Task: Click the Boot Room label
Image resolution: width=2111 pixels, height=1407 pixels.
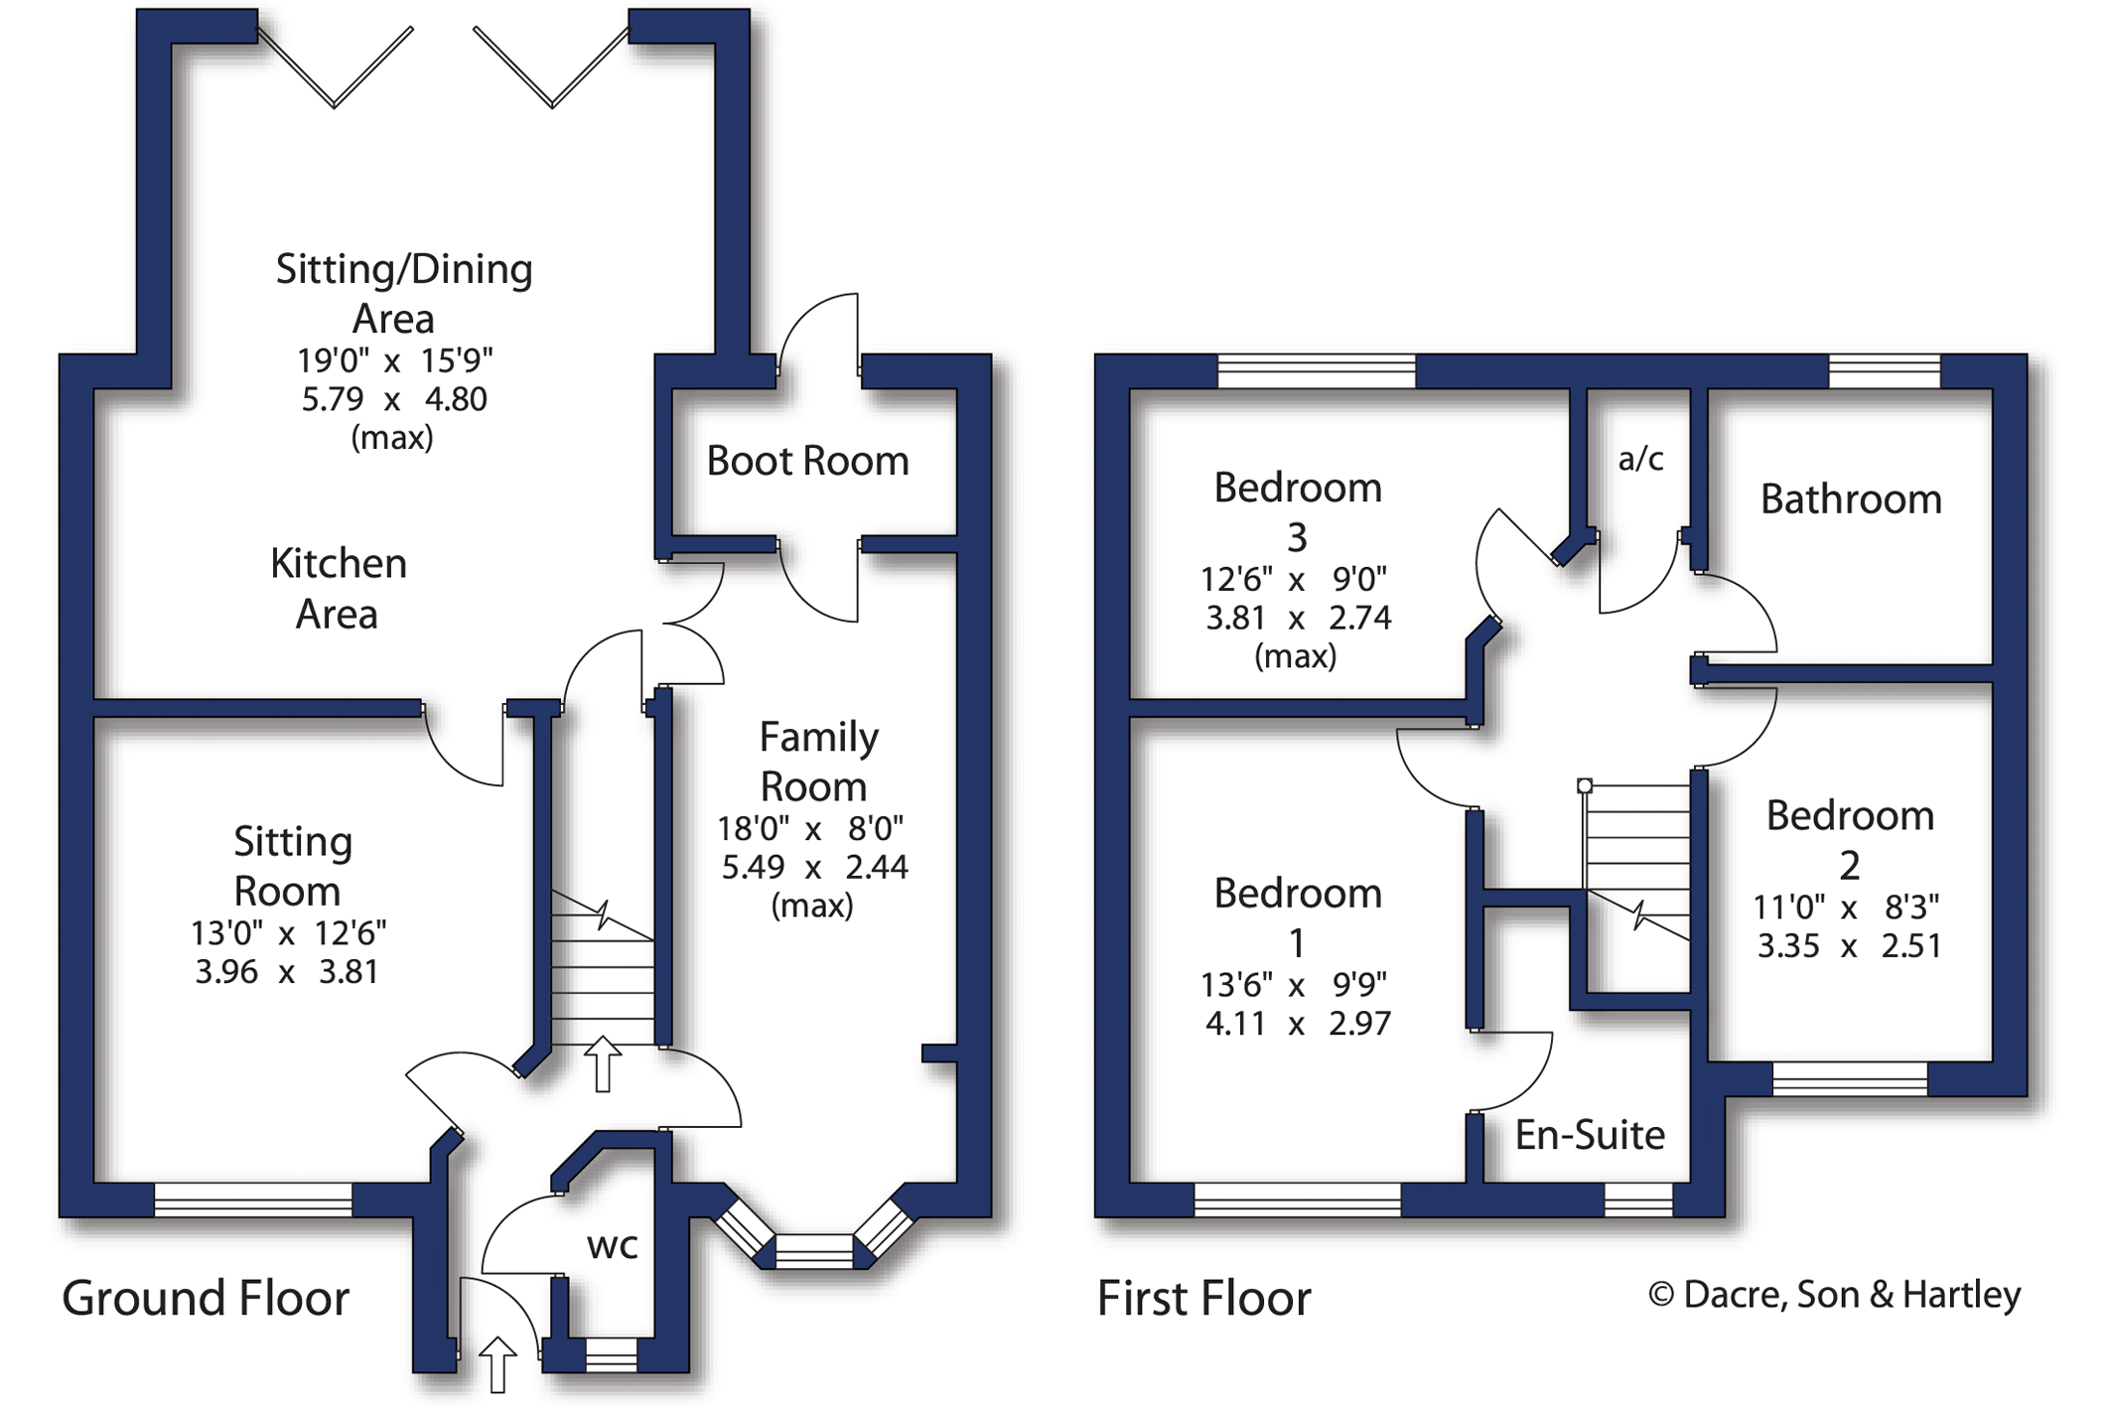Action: tap(807, 461)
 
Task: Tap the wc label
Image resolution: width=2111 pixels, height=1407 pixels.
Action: tap(612, 1246)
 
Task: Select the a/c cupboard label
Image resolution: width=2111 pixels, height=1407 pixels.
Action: tap(1640, 458)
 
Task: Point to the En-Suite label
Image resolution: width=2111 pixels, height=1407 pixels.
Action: tap(1590, 1134)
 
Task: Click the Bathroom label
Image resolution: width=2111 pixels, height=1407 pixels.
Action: tap(1851, 498)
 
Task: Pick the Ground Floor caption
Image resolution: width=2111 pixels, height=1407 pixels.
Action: tap(206, 1298)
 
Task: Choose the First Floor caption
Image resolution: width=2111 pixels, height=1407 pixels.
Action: tap(1203, 1298)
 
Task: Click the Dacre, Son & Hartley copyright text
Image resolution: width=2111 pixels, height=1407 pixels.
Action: tap(1834, 1295)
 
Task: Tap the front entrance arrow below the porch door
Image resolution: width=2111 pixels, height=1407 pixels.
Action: tap(497, 1364)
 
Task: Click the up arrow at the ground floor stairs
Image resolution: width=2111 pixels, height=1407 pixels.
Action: tap(602, 1063)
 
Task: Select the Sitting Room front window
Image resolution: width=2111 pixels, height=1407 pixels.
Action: tap(253, 1199)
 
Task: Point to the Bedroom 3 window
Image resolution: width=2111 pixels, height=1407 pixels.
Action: tap(1317, 371)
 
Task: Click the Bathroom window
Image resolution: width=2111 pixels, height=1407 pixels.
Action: tap(1885, 371)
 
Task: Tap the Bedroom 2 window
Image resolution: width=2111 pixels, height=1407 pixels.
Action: tap(1850, 1078)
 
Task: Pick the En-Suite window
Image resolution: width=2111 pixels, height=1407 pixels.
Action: tap(1638, 1199)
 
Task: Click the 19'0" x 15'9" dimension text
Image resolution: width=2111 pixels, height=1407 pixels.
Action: tap(395, 359)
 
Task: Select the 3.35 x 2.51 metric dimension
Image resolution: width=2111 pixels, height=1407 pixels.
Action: tap(1849, 945)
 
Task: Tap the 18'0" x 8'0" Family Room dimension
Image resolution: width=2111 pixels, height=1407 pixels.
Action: tap(811, 827)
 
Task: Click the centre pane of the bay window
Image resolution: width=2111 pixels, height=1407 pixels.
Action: tap(814, 1251)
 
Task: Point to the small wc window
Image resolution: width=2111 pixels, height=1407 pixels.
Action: tap(611, 1354)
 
